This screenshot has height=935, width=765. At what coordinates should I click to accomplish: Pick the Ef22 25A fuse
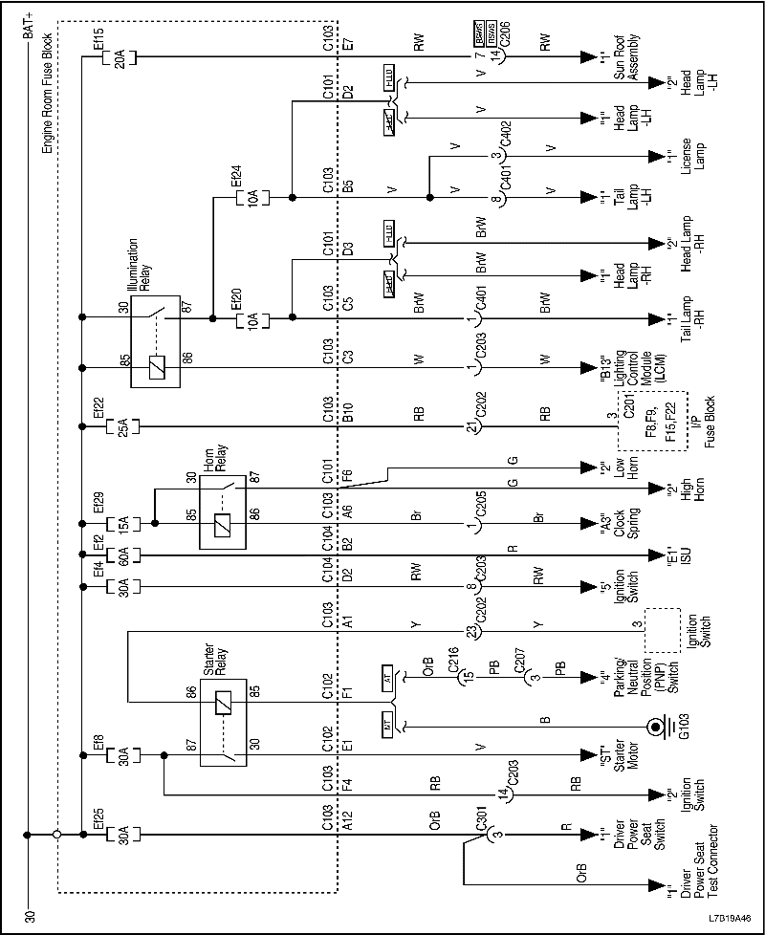120,424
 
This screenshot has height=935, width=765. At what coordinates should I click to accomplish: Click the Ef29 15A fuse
120,525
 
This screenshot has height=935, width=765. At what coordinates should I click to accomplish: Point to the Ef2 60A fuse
120,555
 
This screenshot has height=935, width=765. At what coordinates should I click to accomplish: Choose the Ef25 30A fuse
120,836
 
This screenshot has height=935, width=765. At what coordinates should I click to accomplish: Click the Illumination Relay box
157,340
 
